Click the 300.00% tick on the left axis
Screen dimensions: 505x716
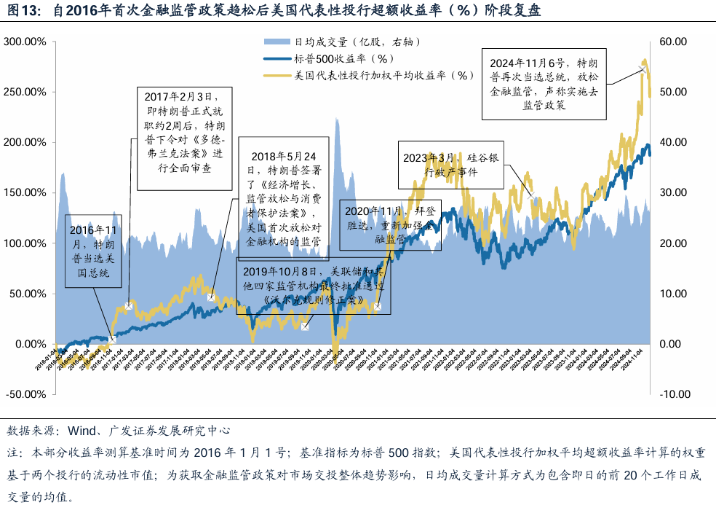pyautogui.click(x=26, y=42)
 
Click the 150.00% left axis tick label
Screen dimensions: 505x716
pyautogui.click(x=26, y=192)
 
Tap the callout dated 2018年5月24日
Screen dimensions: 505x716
pyautogui.click(x=285, y=197)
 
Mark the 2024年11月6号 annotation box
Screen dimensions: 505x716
pyautogui.click(x=544, y=83)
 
